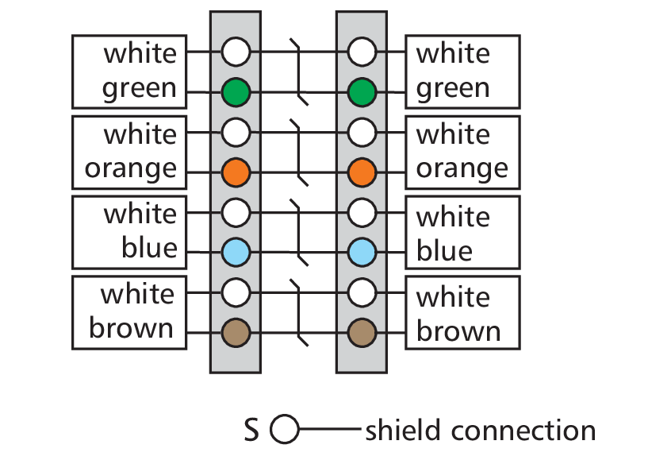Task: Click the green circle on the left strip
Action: [x=236, y=92]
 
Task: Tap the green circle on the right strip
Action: [x=362, y=92]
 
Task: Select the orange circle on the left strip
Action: [x=236, y=172]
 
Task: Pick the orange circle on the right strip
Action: [x=362, y=172]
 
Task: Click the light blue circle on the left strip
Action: [x=236, y=252]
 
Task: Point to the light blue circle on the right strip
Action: [x=362, y=252]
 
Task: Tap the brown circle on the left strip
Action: [x=236, y=332]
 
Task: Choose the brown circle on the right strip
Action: [x=362, y=332]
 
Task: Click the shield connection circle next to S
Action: [x=285, y=429]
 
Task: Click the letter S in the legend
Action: [x=251, y=430]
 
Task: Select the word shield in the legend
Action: [x=403, y=430]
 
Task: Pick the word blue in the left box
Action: [x=149, y=247]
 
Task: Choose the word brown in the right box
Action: [x=458, y=331]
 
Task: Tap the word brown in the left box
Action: [x=131, y=327]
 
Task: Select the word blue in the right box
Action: [x=444, y=250]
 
